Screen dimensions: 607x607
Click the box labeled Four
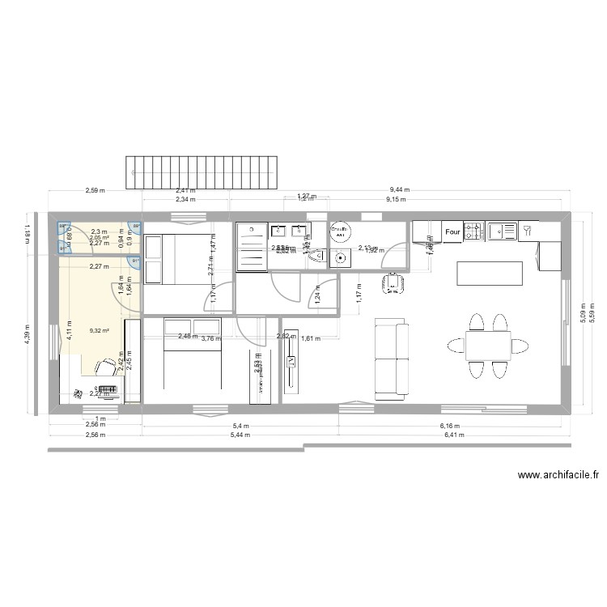[x=452, y=232]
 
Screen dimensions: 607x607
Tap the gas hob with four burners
[x=473, y=232]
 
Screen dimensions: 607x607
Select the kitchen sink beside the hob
[x=503, y=232]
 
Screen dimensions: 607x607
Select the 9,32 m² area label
[x=100, y=331]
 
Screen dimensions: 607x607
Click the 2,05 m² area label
[x=100, y=237]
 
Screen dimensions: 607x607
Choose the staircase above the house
[x=208, y=170]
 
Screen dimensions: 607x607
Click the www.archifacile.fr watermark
[x=558, y=477]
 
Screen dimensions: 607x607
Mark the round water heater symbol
[x=340, y=231]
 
